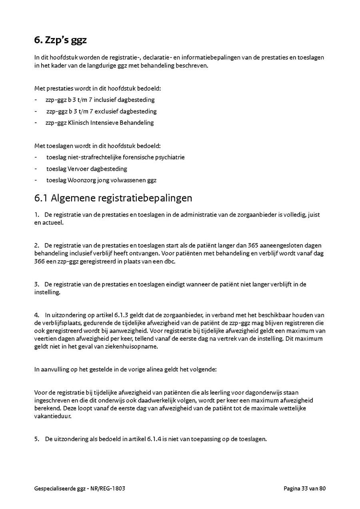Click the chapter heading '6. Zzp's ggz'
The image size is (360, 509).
60,40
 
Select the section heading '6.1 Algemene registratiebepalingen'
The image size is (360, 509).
113,198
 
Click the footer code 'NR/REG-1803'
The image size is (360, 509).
114,488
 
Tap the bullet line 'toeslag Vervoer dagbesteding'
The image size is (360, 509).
87,169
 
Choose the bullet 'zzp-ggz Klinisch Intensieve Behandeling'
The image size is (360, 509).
100,123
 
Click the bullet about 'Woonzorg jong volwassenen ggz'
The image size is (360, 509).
101,180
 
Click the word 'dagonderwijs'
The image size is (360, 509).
266,392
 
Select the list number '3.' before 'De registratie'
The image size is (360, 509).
37,284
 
